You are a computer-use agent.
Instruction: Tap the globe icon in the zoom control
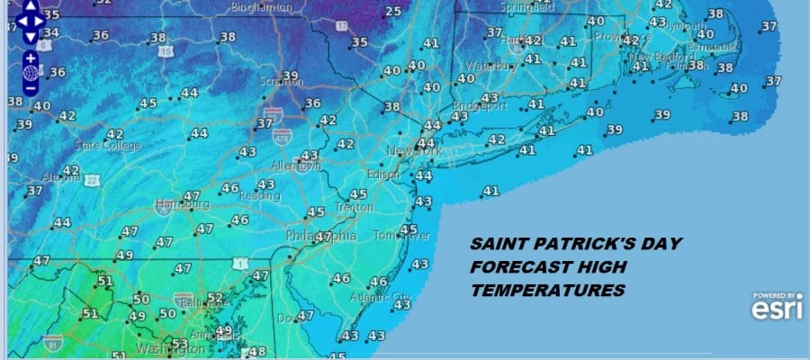tap(31, 73)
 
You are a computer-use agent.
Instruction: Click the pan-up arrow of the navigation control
tap(31, 6)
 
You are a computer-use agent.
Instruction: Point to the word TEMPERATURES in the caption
tap(547, 291)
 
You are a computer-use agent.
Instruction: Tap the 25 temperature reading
tap(393, 12)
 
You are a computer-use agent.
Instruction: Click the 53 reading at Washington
tap(180, 344)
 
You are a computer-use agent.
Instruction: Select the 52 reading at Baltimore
tap(215, 298)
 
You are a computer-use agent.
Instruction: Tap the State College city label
tap(100, 145)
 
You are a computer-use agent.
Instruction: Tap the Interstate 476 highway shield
tap(282, 136)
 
